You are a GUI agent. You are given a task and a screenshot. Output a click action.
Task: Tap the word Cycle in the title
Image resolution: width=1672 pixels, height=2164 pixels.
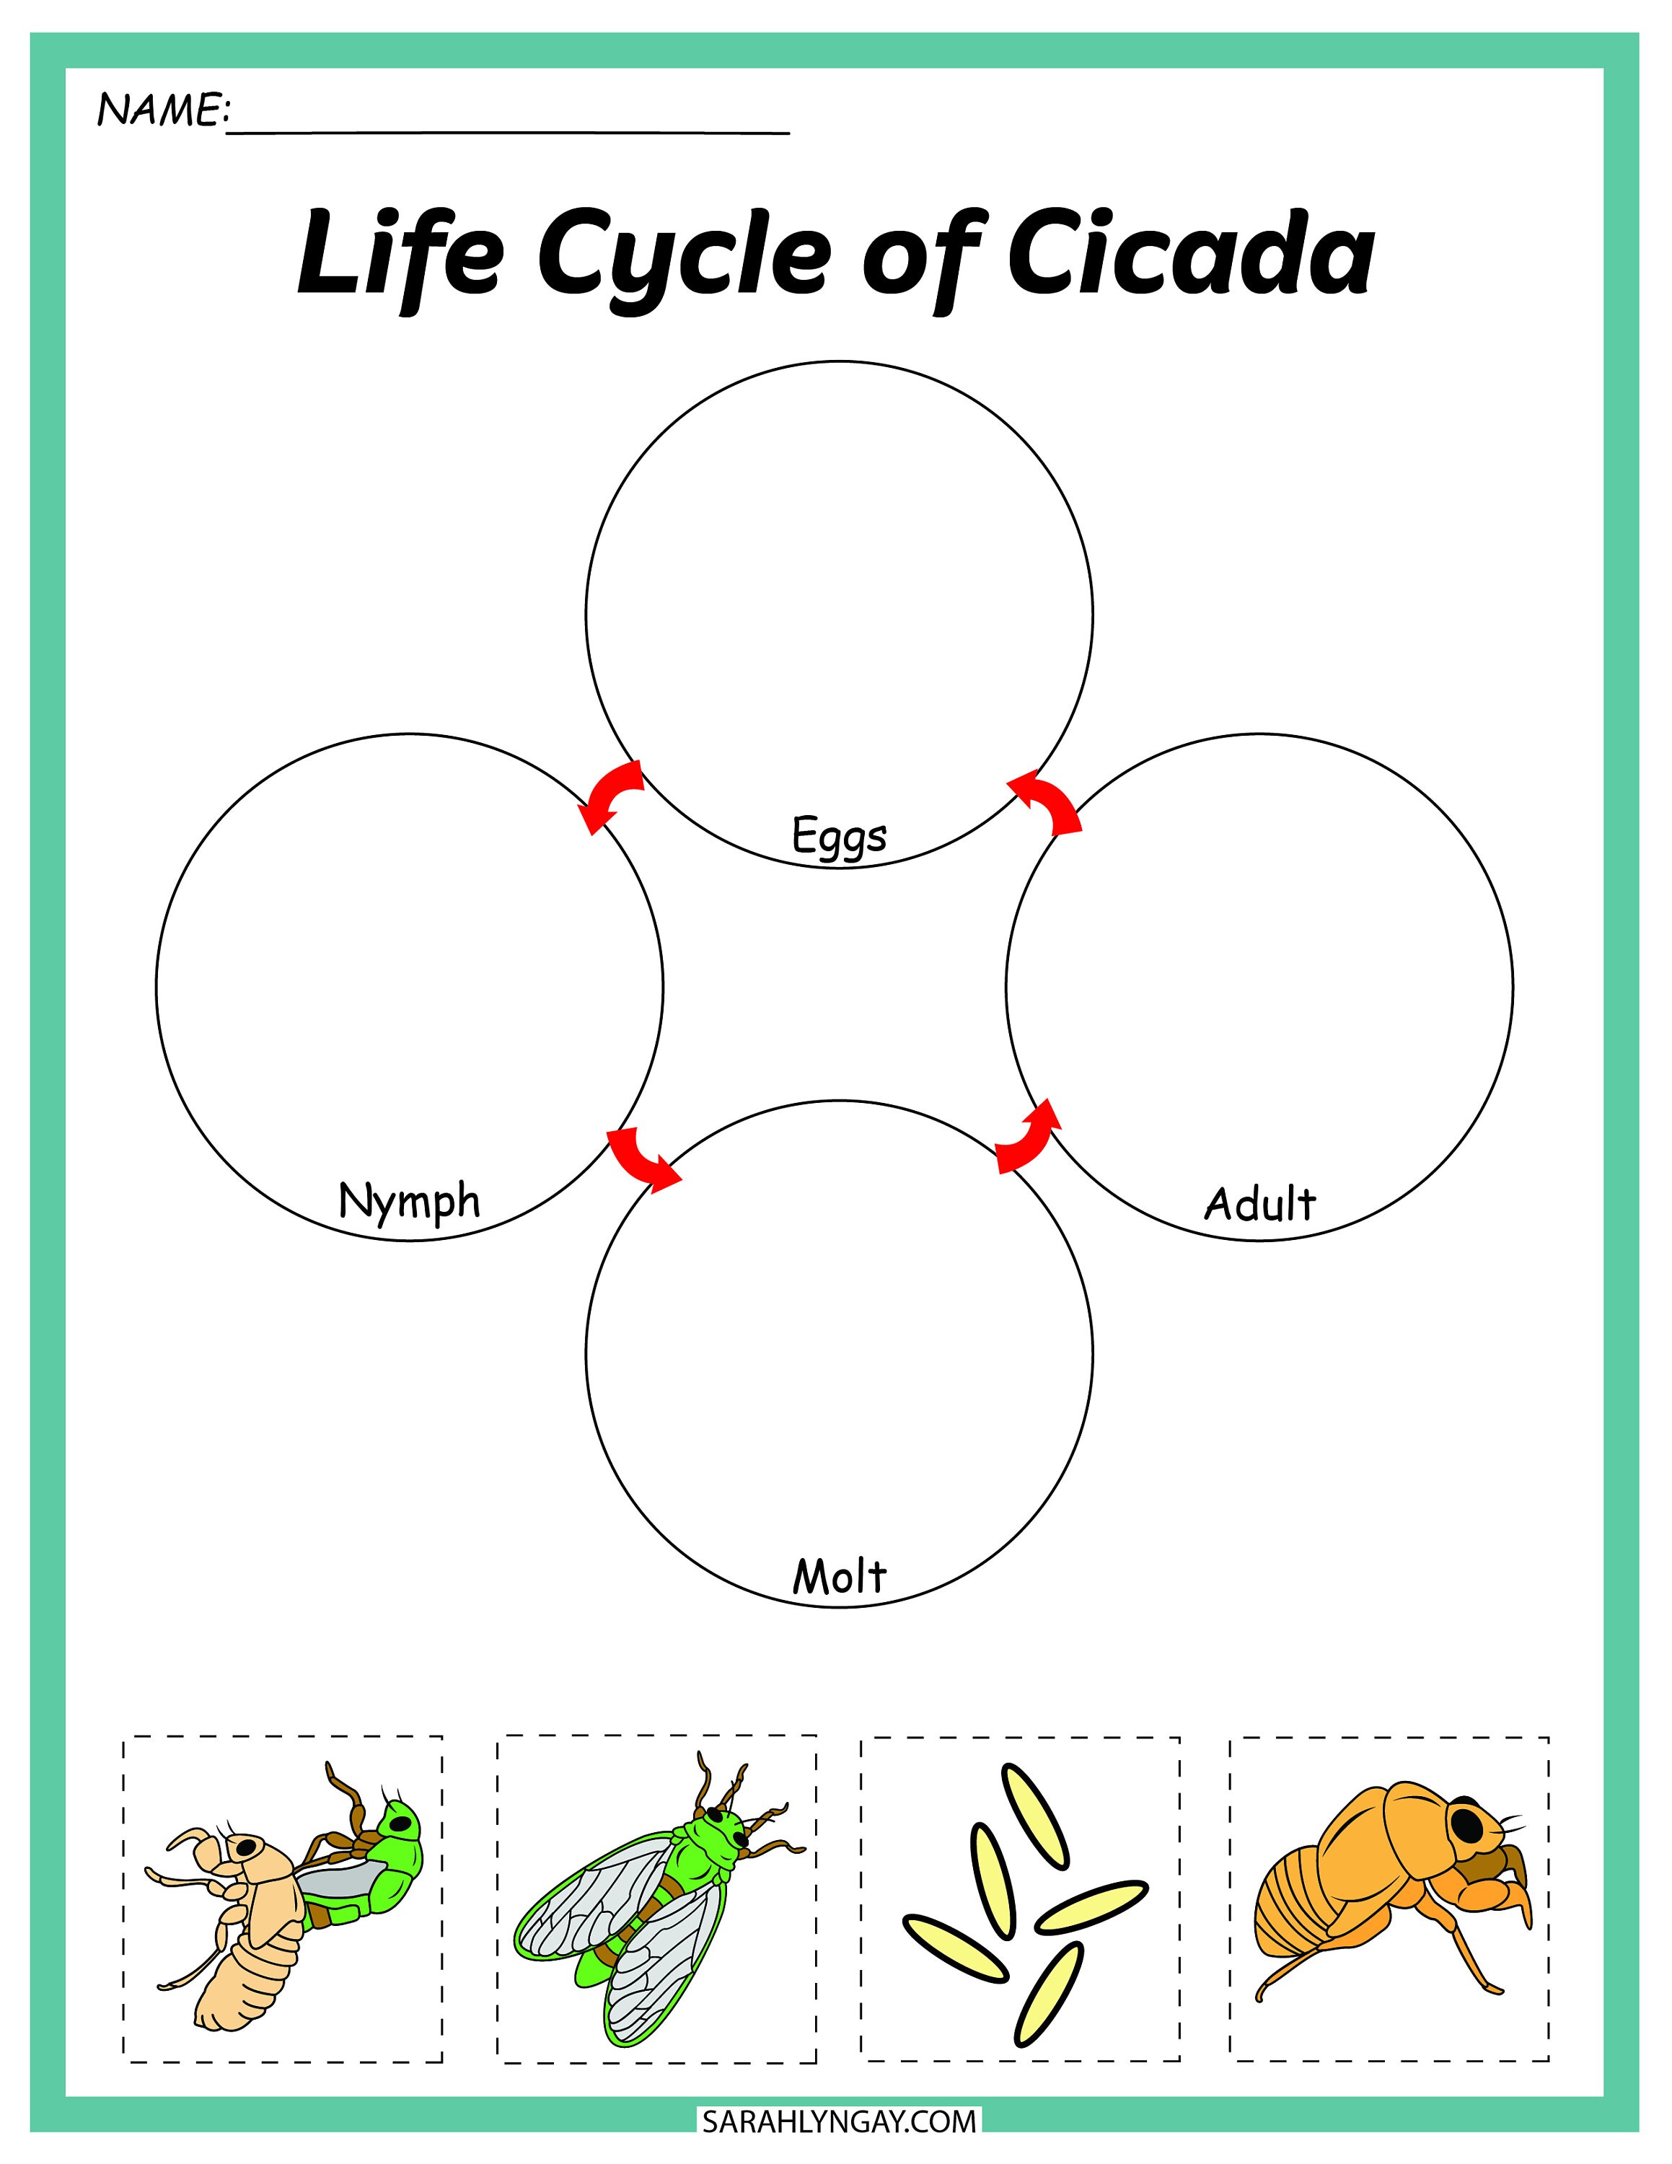[684, 260]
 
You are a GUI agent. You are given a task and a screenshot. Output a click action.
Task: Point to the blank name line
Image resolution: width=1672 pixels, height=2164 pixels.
[509, 129]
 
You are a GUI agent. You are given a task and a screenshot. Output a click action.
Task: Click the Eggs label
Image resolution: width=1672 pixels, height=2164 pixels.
[839, 835]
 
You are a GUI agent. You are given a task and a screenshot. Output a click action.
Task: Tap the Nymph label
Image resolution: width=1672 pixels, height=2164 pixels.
[409, 1202]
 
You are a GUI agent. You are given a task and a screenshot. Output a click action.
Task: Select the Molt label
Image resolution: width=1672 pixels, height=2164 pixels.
[839, 1575]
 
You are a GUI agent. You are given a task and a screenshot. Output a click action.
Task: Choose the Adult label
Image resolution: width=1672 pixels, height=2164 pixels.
[1260, 1204]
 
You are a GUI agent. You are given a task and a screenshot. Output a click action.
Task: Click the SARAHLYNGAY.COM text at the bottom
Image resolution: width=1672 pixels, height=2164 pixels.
[839, 2121]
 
